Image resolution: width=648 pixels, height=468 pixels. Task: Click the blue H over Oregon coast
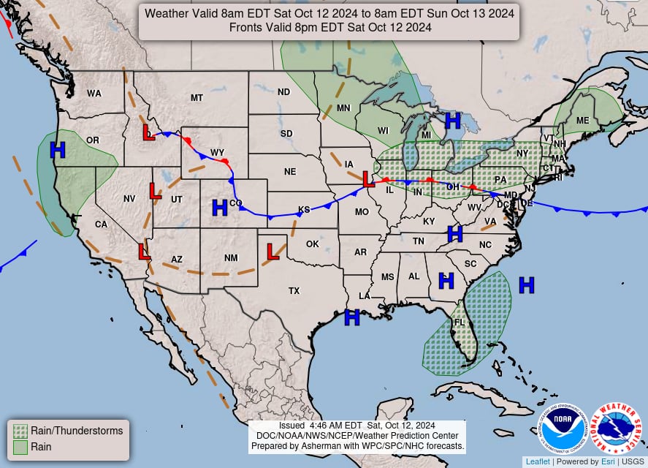[x=58, y=150]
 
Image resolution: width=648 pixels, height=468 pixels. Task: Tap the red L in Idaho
[x=148, y=132]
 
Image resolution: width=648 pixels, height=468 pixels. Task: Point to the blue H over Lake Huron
[x=453, y=120]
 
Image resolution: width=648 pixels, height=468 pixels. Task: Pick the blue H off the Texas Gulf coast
[x=352, y=317]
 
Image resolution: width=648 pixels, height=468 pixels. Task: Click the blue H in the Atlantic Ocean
[x=526, y=285]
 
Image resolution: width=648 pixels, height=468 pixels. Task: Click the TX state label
[x=294, y=291]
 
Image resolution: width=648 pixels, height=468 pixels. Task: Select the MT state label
[x=197, y=98]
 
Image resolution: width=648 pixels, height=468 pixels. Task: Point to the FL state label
[x=459, y=322]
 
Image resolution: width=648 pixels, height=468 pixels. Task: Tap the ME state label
[x=582, y=121]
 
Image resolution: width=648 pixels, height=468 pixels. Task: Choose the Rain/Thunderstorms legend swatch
[x=20, y=431]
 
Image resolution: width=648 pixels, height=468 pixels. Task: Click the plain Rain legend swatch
[x=20, y=446]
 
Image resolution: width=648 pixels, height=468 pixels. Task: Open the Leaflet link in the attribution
[x=537, y=461]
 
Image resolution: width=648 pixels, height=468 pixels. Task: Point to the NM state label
[x=231, y=258]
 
